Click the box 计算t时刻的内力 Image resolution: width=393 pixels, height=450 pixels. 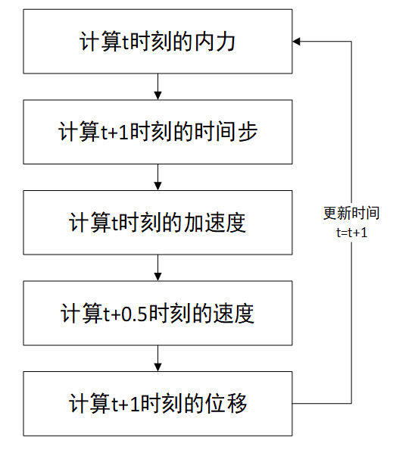pyautogui.click(x=158, y=42)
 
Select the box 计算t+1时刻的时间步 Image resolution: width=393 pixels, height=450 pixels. pyautogui.click(x=158, y=133)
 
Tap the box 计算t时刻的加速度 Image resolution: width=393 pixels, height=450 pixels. pyautogui.click(x=158, y=223)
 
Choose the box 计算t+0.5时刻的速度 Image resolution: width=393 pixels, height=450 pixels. pyautogui.click(x=158, y=313)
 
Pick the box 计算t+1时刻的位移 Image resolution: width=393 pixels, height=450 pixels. pyautogui.click(x=158, y=403)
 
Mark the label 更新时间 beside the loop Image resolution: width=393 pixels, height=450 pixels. pyautogui.click(x=351, y=214)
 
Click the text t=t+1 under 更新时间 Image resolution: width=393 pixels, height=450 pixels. pyautogui.click(x=352, y=233)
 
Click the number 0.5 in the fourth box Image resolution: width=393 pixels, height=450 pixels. pyautogui.click(x=139, y=314)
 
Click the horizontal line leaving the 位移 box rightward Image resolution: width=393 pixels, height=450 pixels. pyautogui.click(x=323, y=403)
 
